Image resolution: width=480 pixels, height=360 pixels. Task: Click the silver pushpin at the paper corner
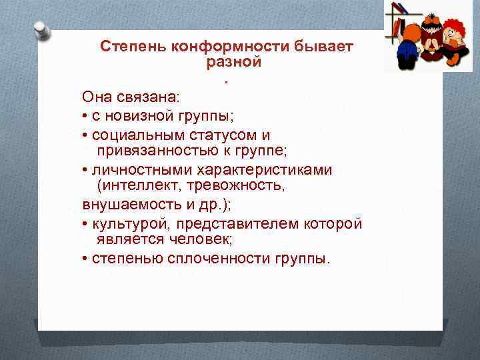point(42,31)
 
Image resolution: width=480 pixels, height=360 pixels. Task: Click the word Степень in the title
point(133,47)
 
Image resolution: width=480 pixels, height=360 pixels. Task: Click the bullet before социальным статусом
point(86,135)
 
